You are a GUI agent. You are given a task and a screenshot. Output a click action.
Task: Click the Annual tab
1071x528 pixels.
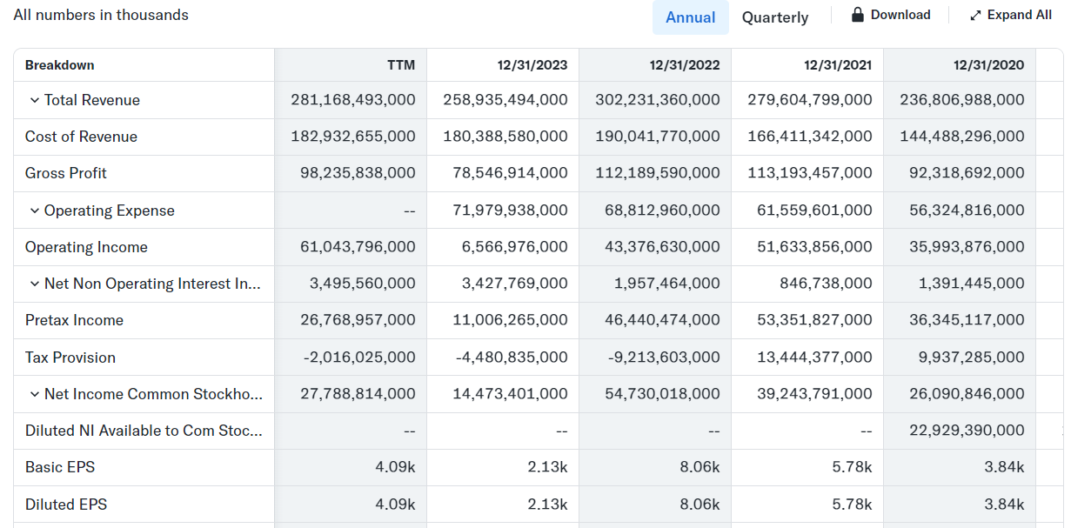tap(691, 17)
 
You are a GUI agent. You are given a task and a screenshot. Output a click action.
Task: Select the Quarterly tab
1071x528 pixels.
tap(775, 17)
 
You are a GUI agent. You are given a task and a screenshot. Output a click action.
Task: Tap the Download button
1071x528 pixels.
tap(891, 15)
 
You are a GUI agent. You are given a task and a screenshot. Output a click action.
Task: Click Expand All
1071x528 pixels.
tap(1011, 15)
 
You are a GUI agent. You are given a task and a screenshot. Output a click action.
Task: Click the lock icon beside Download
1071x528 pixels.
tap(858, 14)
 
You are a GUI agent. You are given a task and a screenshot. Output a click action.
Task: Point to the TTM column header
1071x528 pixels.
tap(401, 65)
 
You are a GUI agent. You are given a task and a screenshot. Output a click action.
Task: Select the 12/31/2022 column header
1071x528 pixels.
tap(684, 65)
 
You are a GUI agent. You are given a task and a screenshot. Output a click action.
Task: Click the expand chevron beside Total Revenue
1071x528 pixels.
tap(35, 100)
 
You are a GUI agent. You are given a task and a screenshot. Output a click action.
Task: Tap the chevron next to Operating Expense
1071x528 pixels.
tap(35, 211)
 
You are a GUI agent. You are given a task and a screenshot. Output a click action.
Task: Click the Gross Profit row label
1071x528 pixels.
tap(65, 173)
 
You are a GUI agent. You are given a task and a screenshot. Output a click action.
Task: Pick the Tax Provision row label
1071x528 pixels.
tap(70, 358)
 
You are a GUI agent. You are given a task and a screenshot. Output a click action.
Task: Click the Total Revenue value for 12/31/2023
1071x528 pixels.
tap(505, 100)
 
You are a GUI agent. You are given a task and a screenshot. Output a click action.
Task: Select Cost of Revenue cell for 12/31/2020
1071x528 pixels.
tap(961, 137)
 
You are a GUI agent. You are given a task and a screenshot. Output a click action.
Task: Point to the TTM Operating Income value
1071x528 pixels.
tap(358, 246)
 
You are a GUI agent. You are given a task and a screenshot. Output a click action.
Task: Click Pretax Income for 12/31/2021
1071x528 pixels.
tap(814, 319)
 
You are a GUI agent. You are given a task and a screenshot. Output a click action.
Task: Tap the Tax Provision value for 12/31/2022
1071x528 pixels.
tap(664, 357)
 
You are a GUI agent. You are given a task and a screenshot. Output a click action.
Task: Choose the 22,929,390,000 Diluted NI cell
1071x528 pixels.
tap(967, 430)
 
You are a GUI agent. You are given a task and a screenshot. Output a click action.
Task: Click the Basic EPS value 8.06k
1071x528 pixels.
tap(699, 467)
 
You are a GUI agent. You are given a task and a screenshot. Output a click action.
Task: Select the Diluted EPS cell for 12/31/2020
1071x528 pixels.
tap(1004, 505)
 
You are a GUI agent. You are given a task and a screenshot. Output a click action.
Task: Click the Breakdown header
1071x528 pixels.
tap(60, 65)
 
